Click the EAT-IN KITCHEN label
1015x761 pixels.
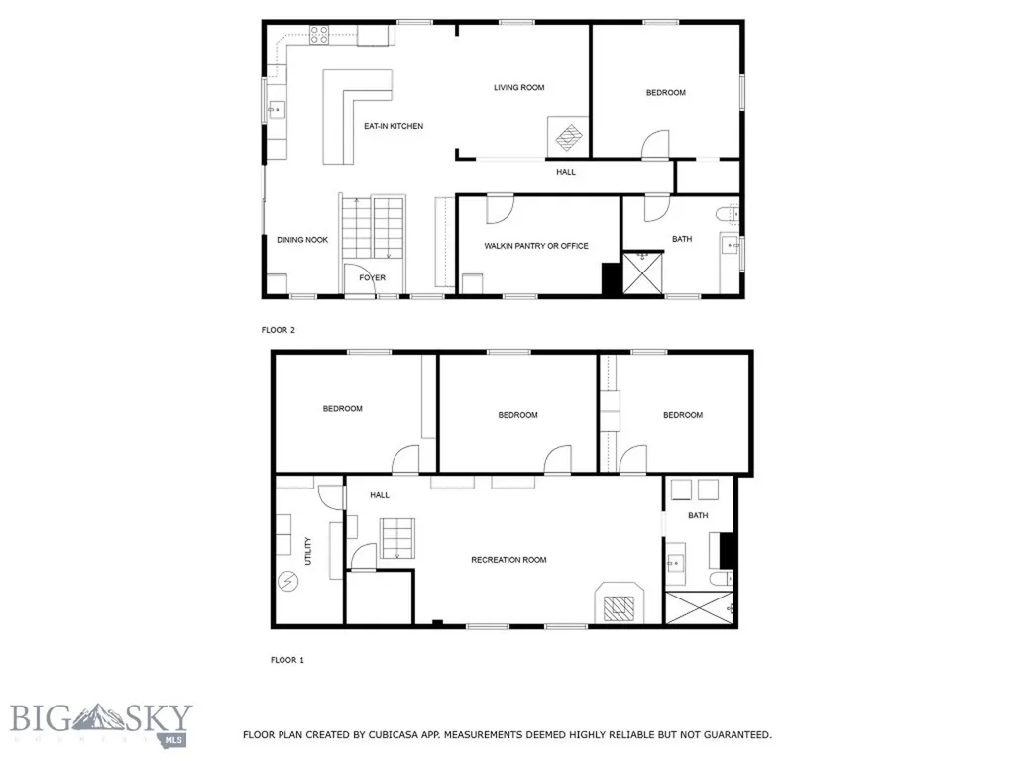(x=393, y=126)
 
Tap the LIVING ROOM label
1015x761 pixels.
(x=518, y=87)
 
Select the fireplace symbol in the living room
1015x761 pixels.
(x=568, y=137)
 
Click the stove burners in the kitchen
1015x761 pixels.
(x=318, y=35)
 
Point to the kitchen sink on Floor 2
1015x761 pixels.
(x=277, y=110)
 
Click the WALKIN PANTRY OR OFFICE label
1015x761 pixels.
(x=536, y=246)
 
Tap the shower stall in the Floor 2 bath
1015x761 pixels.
(x=642, y=273)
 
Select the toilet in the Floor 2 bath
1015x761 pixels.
(x=728, y=213)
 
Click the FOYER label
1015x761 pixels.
(x=373, y=278)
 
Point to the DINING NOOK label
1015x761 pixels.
(x=302, y=240)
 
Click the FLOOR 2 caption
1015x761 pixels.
(x=279, y=330)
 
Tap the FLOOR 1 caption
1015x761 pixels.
(x=287, y=660)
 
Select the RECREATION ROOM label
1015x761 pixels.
(x=508, y=560)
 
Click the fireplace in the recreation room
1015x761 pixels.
(x=620, y=603)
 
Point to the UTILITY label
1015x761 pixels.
(x=308, y=551)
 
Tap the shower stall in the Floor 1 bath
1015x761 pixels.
(x=699, y=607)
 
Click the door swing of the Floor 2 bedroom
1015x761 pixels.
(x=655, y=144)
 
